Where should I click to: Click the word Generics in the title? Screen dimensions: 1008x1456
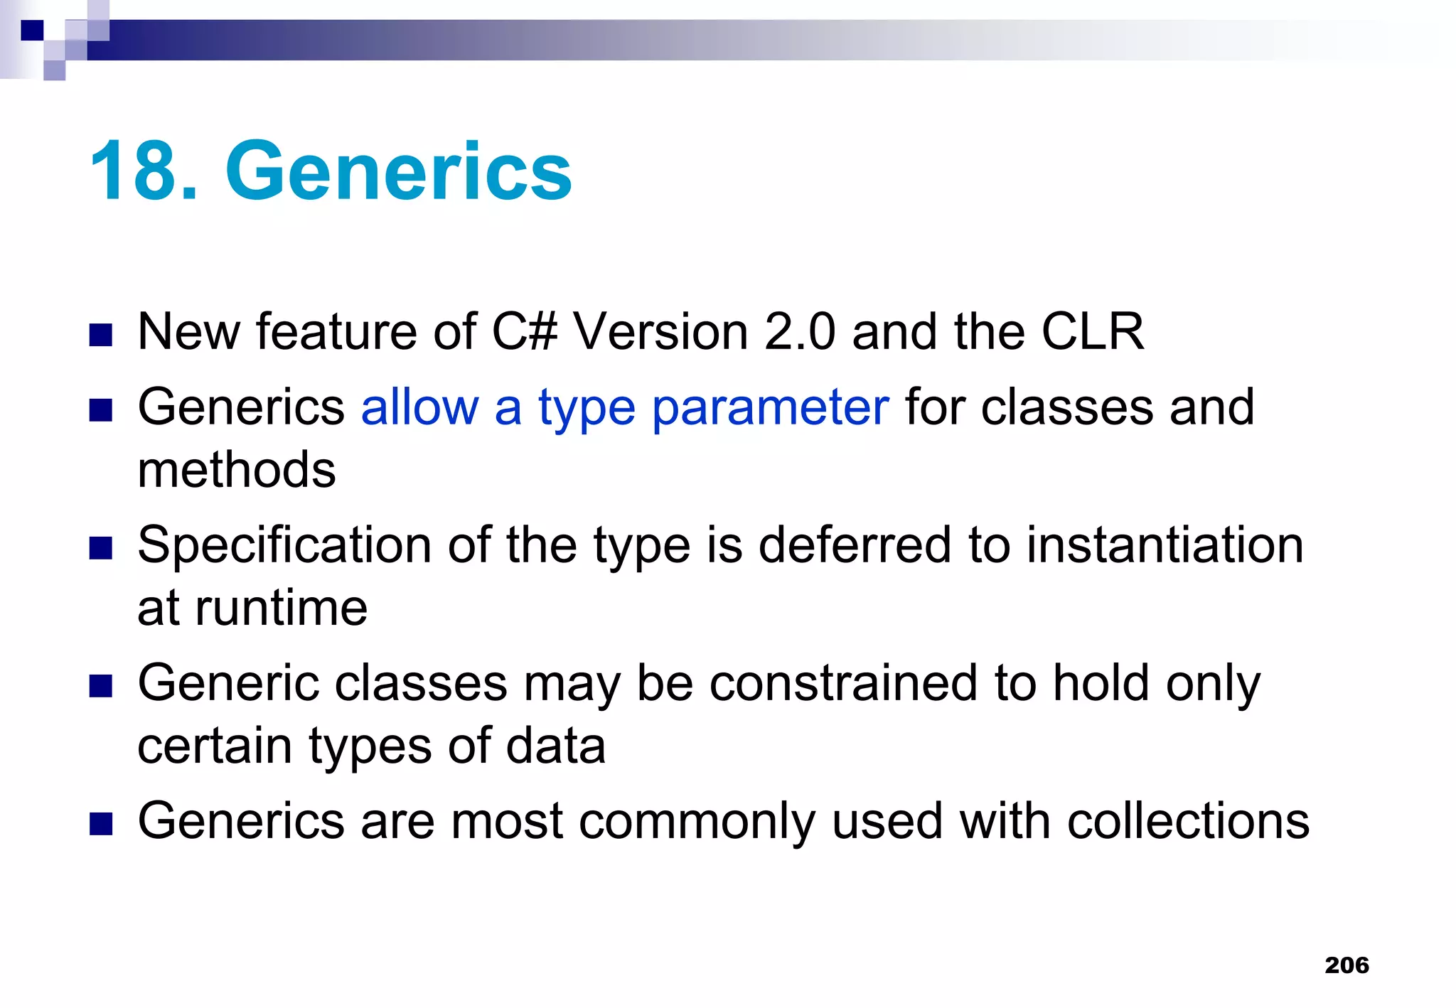pyautogui.click(x=398, y=172)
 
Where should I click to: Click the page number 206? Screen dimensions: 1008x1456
pyautogui.click(x=1347, y=965)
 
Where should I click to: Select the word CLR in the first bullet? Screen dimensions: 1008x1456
pyautogui.click(x=1092, y=331)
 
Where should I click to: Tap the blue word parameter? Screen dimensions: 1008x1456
pyautogui.click(x=770, y=408)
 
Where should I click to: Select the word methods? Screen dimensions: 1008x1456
pyautogui.click(x=236, y=470)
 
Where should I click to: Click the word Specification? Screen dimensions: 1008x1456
pyautogui.click(x=284, y=546)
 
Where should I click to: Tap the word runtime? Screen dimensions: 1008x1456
pyautogui.click(x=281, y=608)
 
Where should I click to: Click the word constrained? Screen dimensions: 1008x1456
pyautogui.click(x=843, y=683)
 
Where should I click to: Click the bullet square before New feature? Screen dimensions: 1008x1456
pyautogui.click(x=101, y=335)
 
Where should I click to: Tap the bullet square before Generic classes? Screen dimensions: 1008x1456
pyautogui.click(x=101, y=686)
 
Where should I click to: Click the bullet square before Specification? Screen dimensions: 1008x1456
pyautogui.click(x=101, y=548)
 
